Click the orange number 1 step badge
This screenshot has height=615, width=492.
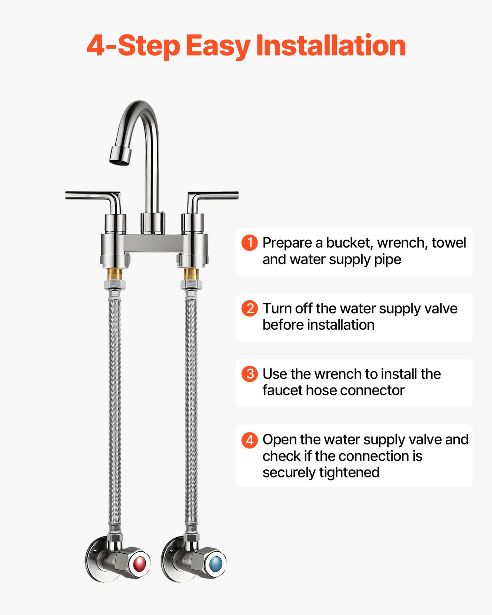pyautogui.click(x=250, y=243)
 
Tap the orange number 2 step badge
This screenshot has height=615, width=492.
pyautogui.click(x=250, y=309)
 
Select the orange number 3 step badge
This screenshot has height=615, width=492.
pyautogui.click(x=250, y=374)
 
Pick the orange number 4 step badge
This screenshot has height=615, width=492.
pyautogui.click(x=250, y=440)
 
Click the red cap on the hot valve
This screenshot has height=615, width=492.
pyautogui.click(x=139, y=564)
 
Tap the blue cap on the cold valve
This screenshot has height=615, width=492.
pyautogui.click(x=216, y=564)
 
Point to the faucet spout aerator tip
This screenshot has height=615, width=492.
pyautogui.click(x=120, y=156)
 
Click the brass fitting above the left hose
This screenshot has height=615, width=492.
pyautogui.click(x=115, y=273)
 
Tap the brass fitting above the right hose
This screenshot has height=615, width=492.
pyautogui.click(x=191, y=273)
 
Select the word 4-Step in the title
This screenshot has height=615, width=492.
pyautogui.click(x=133, y=46)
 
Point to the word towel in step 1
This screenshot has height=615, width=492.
pyautogui.click(x=449, y=242)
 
